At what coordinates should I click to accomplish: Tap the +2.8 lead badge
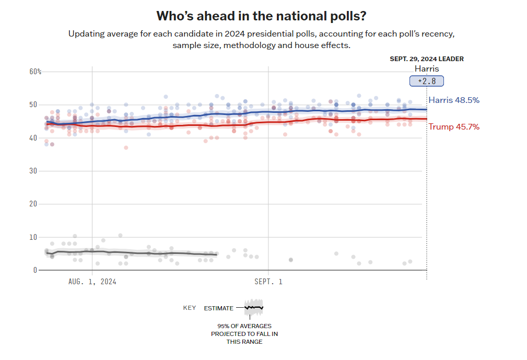tap(426, 81)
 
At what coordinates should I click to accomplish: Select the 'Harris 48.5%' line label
tap(453, 100)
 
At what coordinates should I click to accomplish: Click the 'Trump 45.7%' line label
tap(454, 126)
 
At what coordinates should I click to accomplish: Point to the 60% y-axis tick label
tap(35, 72)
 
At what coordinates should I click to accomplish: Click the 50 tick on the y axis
tap(33, 104)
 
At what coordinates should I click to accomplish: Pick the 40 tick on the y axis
tap(33, 138)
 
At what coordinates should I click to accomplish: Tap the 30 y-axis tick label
tap(33, 171)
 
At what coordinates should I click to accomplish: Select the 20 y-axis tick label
tap(33, 204)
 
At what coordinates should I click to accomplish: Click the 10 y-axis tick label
tap(33, 237)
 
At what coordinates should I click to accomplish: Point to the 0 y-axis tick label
tap(35, 270)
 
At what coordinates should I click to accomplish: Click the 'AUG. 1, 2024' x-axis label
tap(92, 282)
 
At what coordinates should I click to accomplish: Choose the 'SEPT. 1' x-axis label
tap(268, 282)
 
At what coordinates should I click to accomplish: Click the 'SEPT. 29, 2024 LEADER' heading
tap(426, 59)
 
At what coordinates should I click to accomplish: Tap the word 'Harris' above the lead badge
tap(427, 69)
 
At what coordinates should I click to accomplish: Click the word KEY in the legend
tap(190, 308)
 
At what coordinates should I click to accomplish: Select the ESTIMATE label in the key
tap(218, 308)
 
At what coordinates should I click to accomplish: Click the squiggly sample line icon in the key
tap(254, 308)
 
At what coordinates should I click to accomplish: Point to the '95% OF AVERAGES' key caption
tap(244, 327)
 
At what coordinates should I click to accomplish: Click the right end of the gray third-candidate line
tap(216, 255)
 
